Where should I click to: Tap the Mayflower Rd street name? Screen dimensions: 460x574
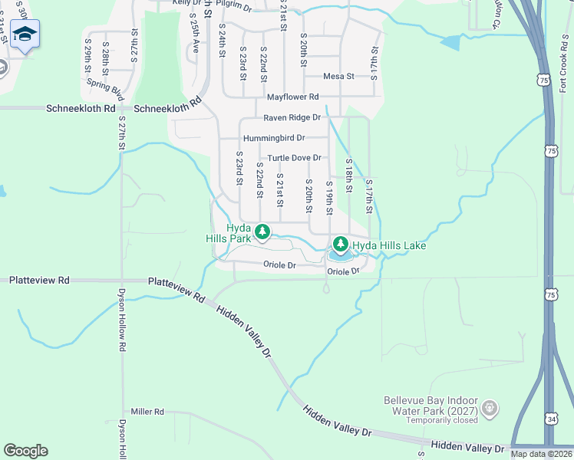(292, 97)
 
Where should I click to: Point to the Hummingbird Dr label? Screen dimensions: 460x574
(274, 139)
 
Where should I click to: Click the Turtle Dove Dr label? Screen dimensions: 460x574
(294, 158)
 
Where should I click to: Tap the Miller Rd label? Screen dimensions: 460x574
(148, 412)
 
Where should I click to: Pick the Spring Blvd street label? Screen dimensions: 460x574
(105, 88)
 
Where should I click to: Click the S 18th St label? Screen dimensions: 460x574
(348, 176)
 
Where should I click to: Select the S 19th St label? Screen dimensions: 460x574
(329, 199)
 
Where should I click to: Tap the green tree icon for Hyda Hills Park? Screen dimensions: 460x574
(262, 231)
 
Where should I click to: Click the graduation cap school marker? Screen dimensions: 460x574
(25, 34)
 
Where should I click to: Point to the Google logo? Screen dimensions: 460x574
(25, 451)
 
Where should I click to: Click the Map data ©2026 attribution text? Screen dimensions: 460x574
(541, 454)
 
